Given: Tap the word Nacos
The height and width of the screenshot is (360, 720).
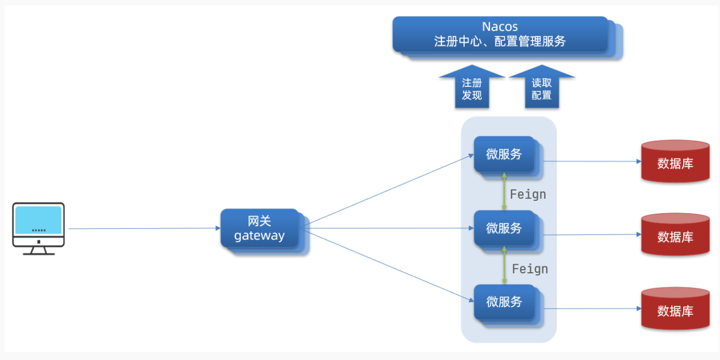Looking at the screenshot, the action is click(x=500, y=26).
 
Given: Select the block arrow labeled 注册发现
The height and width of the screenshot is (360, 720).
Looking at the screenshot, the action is click(x=472, y=87).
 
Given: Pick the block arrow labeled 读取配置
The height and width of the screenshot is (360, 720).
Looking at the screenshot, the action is click(x=541, y=87).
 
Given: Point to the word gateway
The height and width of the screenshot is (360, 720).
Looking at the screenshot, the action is click(x=259, y=236).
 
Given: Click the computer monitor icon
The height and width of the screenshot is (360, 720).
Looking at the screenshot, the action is click(x=39, y=229).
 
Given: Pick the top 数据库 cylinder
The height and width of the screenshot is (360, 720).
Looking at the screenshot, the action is click(x=675, y=161).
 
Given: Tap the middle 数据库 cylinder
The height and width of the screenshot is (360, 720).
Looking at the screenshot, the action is click(x=675, y=235).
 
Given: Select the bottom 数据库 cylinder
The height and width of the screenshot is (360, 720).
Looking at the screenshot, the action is click(x=675, y=308).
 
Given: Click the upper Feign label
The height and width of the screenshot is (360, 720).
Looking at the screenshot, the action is click(x=528, y=194).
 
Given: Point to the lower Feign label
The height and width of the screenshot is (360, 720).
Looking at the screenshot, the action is click(x=530, y=269).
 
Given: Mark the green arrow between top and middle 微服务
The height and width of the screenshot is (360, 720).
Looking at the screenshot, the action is click(x=504, y=191).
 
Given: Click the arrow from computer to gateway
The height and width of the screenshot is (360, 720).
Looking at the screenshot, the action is click(x=145, y=229).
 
